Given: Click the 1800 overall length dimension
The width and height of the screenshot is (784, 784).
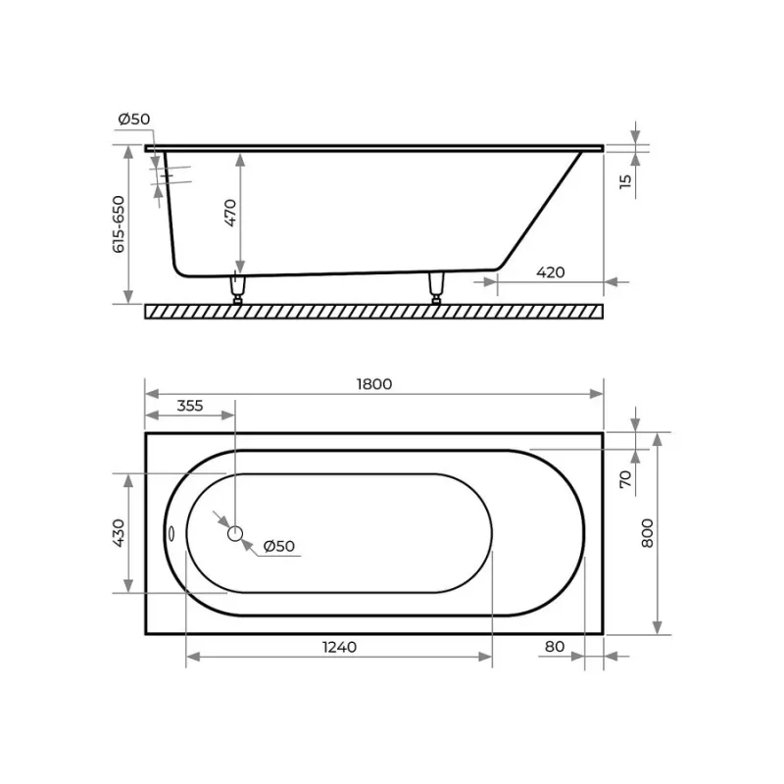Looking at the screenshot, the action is (x=374, y=384).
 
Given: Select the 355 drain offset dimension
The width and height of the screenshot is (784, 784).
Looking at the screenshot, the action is (x=190, y=406).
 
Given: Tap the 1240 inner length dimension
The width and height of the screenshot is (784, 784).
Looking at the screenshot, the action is (x=339, y=647).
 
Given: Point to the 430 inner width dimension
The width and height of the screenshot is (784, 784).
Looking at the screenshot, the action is (x=119, y=533).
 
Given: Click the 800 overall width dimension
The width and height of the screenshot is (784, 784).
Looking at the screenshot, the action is (x=647, y=533).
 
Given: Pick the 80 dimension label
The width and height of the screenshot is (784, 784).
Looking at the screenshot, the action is (x=555, y=647).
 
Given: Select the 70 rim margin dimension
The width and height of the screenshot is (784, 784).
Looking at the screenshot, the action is (x=625, y=479).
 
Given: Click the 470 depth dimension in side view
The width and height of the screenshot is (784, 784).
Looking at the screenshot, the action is (x=230, y=213).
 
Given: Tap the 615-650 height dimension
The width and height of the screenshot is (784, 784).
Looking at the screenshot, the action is (x=119, y=224).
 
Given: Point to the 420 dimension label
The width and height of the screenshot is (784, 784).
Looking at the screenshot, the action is (x=551, y=272).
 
